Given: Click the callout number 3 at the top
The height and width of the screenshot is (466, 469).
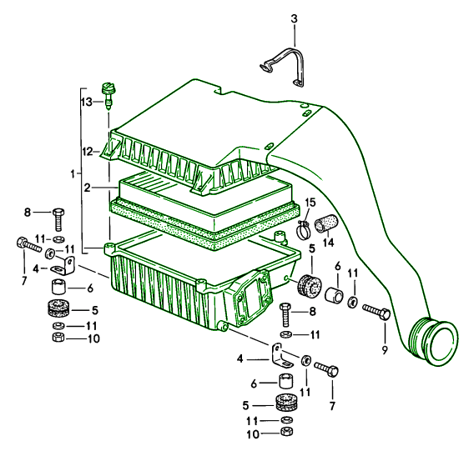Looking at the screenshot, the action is (x=295, y=19).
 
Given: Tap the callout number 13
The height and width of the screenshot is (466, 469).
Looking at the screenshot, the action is (x=87, y=103).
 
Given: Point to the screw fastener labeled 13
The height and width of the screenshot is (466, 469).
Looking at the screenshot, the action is (x=108, y=95).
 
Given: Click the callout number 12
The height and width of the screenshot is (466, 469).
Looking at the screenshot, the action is (x=88, y=152).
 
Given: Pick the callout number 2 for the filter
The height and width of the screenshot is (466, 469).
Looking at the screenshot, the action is (x=87, y=188).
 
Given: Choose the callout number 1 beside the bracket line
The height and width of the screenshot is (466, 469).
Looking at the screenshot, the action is (x=73, y=173).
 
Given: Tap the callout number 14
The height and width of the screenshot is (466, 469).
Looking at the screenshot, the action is (x=329, y=243).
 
